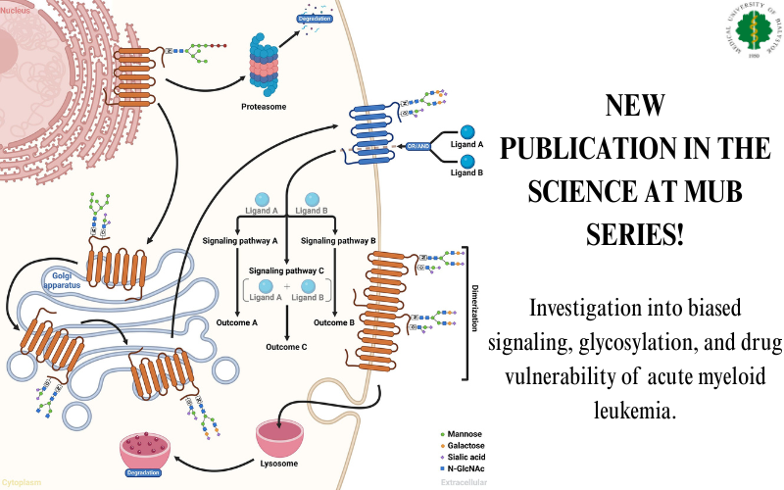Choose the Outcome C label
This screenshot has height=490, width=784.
(x=286, y=346)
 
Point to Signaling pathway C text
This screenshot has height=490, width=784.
(x=286, y=269)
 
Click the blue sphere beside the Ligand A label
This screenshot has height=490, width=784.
(x=467, y=132)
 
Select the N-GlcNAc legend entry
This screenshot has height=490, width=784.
(x=465, y=467)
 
